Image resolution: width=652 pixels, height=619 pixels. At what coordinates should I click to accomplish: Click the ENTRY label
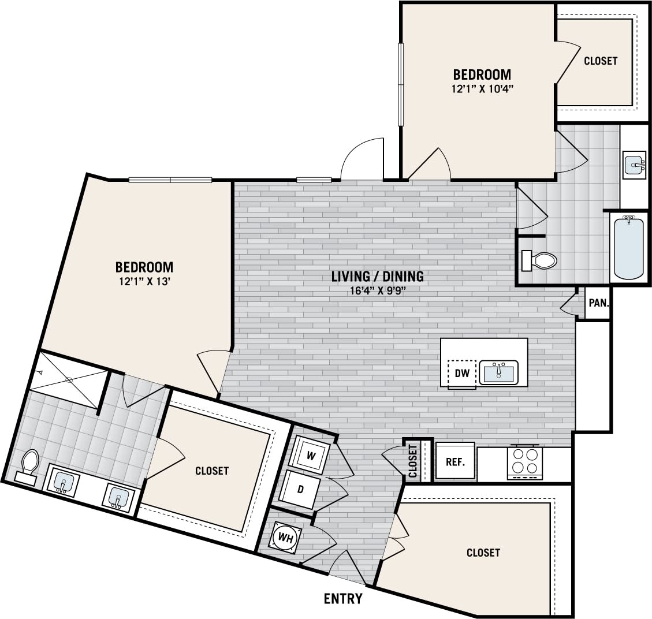[x=343, y=598]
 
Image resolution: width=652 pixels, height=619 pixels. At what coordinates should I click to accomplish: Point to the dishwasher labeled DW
[x=461, y=374]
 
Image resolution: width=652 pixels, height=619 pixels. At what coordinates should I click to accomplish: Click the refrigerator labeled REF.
[x=455, y=462]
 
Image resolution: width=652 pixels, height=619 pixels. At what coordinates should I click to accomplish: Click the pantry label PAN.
[x=597, y=303]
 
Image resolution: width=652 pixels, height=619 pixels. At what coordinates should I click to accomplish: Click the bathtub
[x=628, y=247]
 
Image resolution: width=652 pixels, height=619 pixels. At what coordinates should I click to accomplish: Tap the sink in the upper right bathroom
[x=635, y=166]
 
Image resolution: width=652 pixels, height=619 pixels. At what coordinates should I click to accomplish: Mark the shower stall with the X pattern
[x=68, y=380]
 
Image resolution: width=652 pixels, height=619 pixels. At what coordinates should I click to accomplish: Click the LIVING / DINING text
[x=378, y=276]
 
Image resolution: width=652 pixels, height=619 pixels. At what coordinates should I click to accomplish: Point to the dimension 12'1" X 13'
[x=144, y=282]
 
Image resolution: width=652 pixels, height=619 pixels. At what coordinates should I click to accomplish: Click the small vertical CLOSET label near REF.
[x=412, y=461]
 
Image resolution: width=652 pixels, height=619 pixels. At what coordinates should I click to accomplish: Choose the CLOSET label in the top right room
[x=601, y=61]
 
